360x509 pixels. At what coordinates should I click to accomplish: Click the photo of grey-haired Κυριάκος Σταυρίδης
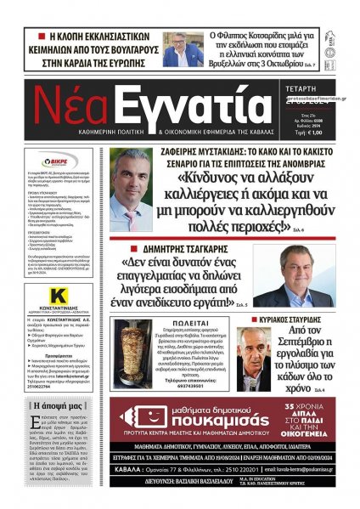pyautogui.click(x=254, y=357)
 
